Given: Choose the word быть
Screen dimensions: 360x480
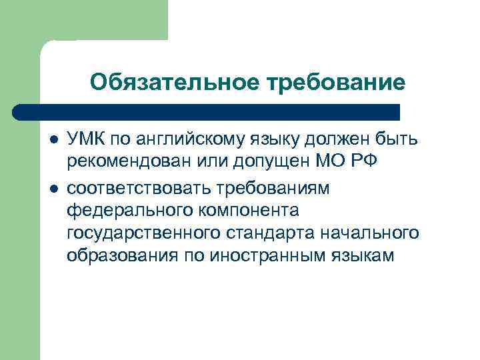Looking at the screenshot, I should click(x=398, y=139).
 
